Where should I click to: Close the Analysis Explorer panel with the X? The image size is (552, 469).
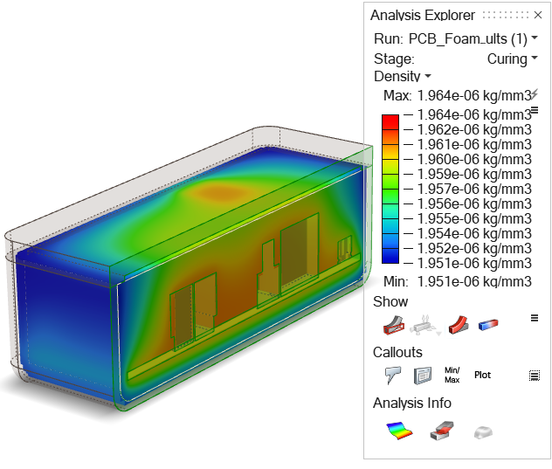click(x=537, y=15)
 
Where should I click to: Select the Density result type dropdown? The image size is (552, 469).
click(x=402, y=76)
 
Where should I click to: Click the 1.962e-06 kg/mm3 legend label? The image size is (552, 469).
click(x=474, y=129)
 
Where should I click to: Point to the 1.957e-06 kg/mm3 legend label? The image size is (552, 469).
click(x=474, y=189)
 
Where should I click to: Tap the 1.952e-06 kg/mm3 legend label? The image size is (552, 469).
click(x=474, y=248)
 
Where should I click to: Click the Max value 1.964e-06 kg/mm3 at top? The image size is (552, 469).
click(x=474, y=95)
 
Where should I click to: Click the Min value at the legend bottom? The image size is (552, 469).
click(x=474, y=281)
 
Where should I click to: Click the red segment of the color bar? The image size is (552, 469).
click(x=390, y=121)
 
